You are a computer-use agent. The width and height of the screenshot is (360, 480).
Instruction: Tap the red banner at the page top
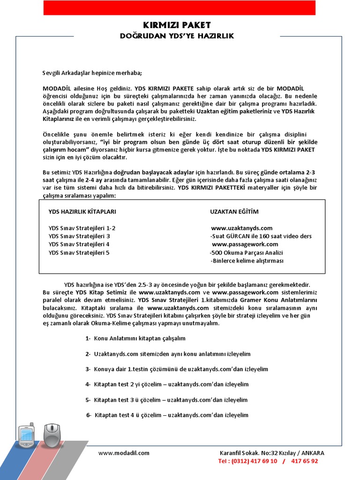(180, 8)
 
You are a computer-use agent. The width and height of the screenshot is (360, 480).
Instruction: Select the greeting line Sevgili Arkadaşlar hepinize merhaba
(92, 73)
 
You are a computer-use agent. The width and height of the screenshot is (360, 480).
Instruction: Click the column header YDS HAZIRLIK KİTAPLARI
(82, 212)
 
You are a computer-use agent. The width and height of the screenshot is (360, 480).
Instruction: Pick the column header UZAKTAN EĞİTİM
(234, 212)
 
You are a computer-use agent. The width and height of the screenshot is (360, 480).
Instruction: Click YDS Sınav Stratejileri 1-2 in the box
(82, 228)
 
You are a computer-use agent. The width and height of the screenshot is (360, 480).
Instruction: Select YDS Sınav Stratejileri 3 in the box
(79, 236)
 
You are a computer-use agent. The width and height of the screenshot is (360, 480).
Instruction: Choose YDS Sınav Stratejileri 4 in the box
(79, 244)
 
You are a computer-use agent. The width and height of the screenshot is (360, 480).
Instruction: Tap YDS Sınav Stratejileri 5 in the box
(79, 253)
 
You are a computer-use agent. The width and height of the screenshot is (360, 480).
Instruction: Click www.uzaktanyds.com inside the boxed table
(242, 228)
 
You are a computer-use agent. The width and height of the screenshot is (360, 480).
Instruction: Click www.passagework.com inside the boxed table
(245, 244)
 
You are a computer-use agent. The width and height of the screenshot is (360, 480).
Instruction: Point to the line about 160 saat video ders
(261, 236)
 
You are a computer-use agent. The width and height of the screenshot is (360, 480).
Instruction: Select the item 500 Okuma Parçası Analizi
(246, 253)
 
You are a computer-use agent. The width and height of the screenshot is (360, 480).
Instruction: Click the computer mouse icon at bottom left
(52, 435)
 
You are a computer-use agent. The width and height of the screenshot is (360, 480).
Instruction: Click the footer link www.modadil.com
(124, 453)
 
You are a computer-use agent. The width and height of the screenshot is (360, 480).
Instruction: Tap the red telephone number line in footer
(268, 461)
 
